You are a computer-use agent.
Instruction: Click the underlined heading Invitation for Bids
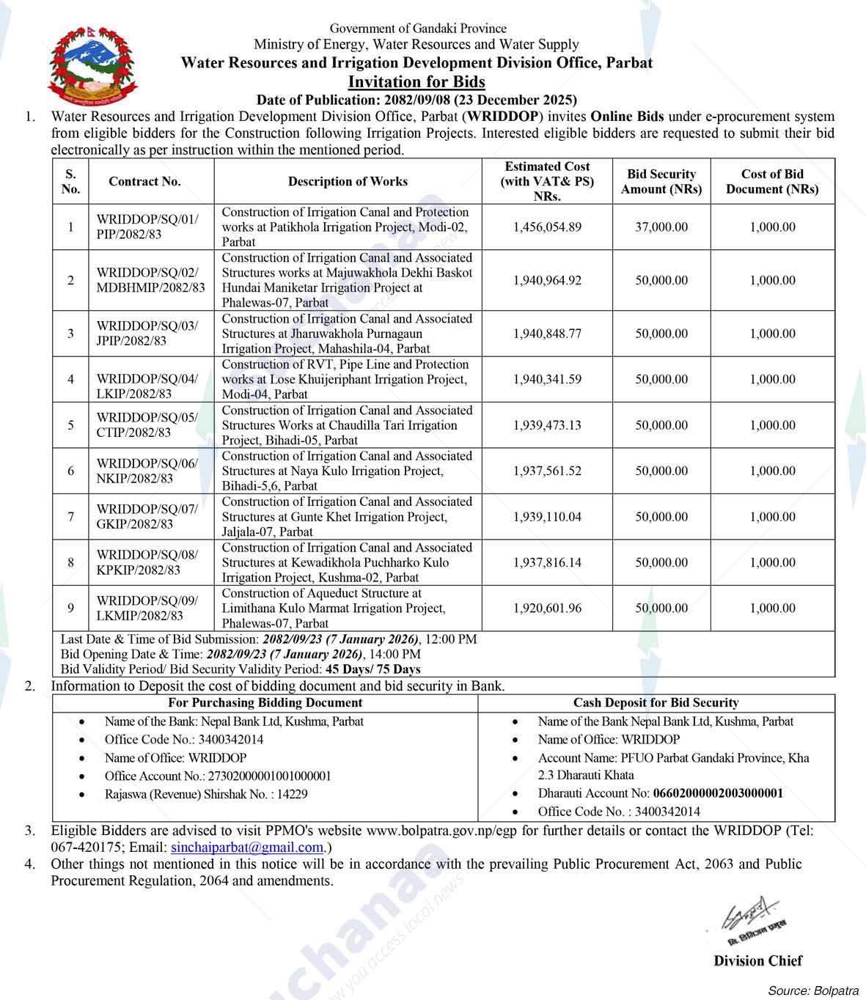417,81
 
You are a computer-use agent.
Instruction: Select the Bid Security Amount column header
661,181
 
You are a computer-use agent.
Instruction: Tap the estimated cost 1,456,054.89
547,227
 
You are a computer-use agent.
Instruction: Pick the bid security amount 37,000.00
661,227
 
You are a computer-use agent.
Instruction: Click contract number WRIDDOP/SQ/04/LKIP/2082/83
147,386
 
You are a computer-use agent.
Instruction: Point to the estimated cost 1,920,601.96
547,608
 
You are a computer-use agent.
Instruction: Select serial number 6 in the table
70,471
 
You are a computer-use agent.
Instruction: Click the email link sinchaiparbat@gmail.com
247,848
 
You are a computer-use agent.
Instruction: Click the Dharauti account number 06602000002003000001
718,793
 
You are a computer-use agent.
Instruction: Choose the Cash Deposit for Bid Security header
656,702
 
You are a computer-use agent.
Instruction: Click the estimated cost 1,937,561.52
547,471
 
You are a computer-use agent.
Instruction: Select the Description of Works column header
348,181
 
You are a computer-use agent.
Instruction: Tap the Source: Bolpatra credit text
813,990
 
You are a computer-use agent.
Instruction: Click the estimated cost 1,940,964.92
547,280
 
